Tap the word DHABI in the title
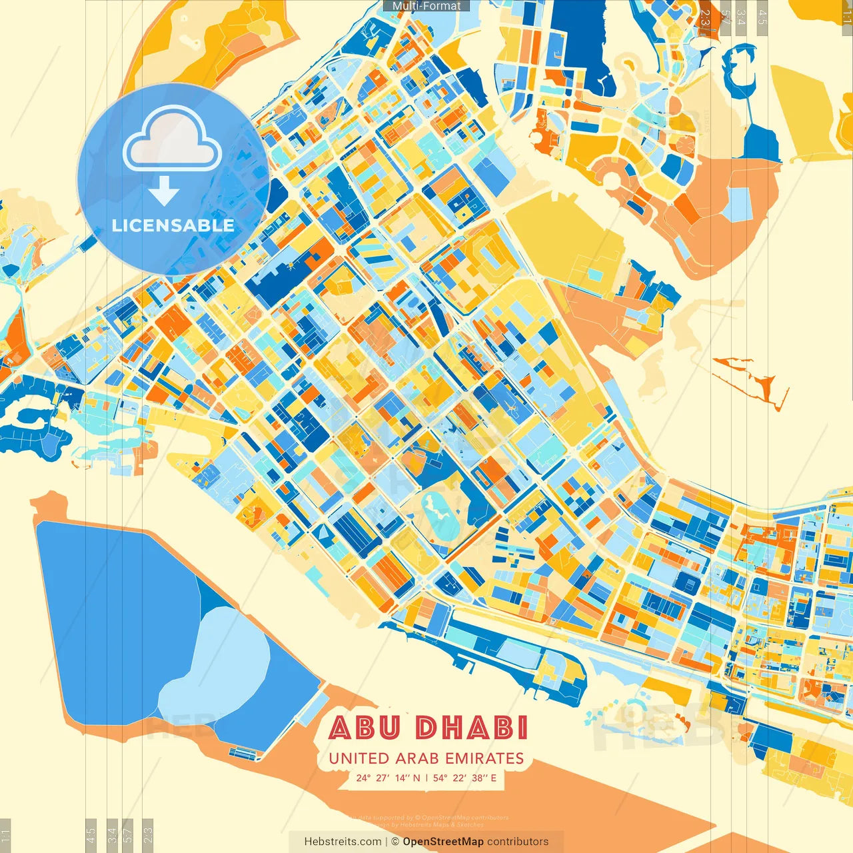(x=471, y=728)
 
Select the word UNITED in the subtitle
(x=359, y=758)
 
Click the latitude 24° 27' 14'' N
(x=388, y=778)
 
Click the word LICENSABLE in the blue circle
(x=173, y=225)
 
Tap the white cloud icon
(x=173, y=142)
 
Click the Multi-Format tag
(x=426, y=6)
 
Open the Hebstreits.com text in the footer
(x=343, y=842)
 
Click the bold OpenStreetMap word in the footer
(x=443, y=842)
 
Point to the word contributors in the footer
(x=518, y=842)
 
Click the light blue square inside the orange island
(x=738, y=204)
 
